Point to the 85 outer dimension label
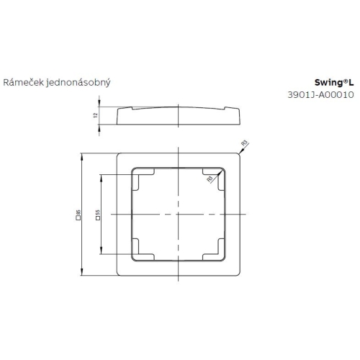(77, 215)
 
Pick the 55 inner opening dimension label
(96, 215)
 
